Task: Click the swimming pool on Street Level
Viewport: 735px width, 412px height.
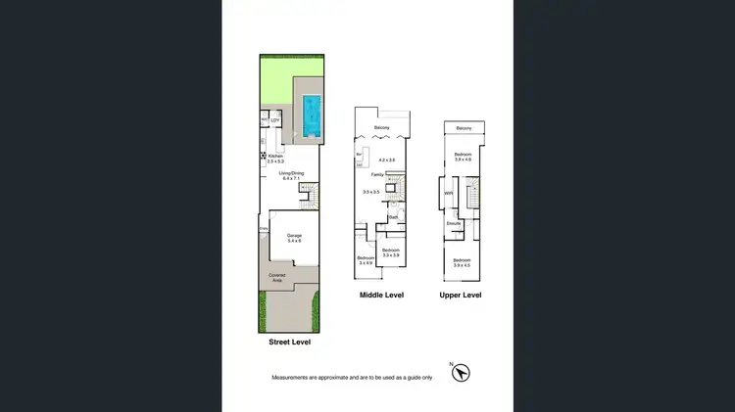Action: pyautogui.click(x=312, y=115)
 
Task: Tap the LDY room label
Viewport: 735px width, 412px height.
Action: pyautogui.click(x=275, y=120)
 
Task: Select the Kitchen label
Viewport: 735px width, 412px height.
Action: pyautogui.click(x=275, y=157)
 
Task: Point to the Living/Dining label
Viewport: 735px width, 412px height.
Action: pyautogui.click(x=292, y=173)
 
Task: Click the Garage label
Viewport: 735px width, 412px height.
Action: pyautogui.click(x=294, y=236)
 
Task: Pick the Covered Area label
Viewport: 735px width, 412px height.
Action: pyautogui.click(x=277, y=277)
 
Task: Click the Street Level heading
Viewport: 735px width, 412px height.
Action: pyautogui.click(x=296, y=343)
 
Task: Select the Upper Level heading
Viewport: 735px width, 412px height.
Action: pyautogui.click(x=460, y=295)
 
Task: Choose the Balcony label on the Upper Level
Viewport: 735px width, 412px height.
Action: pyautogui.click(x=464, y=129)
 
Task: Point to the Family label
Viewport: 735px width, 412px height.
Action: pyautogui.click(x=377, y=174)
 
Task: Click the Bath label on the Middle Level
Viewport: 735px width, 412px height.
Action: pyautogui.click(x=393, y=217)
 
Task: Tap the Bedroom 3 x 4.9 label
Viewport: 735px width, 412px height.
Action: pyautogui.click(x=367, y=259)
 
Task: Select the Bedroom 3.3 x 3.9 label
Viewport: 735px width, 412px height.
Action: pyautogui.click(x=391, y=252)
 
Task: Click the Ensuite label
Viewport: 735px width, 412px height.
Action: pyautogui.click(x=454, y=224)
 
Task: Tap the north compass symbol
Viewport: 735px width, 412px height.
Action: pyautogui.click(x=462, y=372)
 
